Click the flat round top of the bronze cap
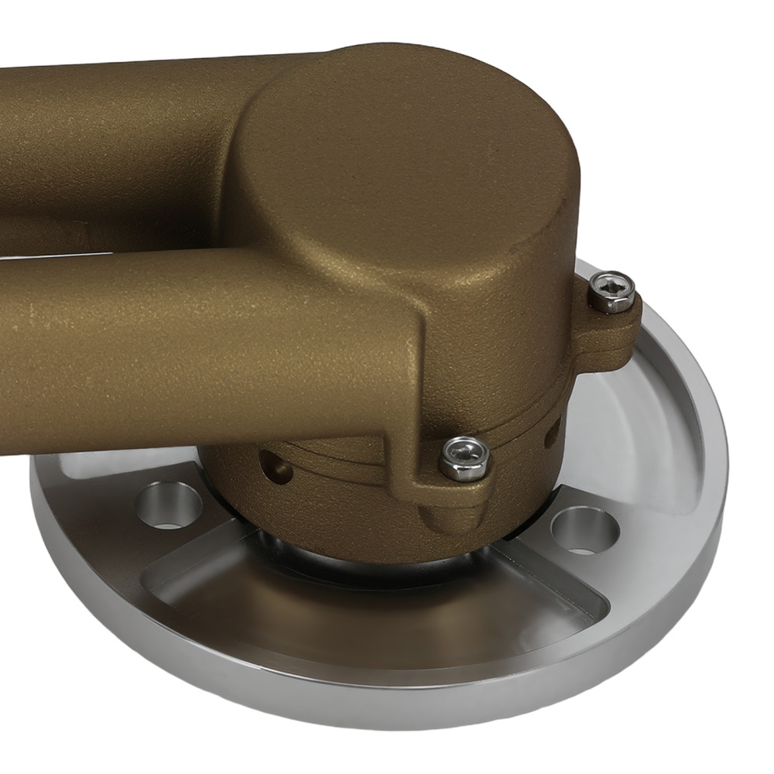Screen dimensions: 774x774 (402, 147)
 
